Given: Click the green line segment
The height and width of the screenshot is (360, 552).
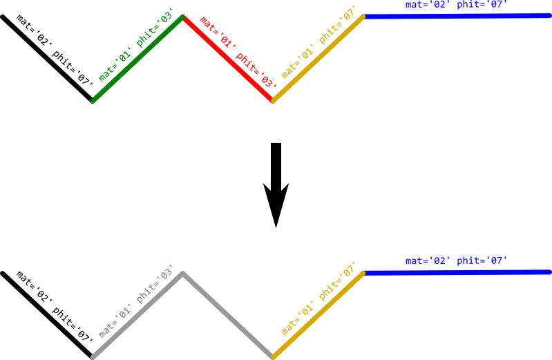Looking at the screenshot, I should coord(138,59).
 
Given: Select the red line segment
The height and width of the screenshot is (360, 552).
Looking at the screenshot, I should coord(228,59).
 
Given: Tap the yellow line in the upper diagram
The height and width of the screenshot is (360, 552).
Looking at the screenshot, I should coord(318,59).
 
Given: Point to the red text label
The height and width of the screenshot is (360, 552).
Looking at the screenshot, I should coord(238,52).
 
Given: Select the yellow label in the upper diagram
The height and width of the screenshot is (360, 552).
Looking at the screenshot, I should coord(318,42).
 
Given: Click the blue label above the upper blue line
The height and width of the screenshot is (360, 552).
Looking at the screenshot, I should coord(456,5).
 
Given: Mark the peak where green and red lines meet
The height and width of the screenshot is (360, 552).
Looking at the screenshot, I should coord(183,17).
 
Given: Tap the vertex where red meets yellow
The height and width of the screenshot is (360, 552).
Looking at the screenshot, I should coord(273,101).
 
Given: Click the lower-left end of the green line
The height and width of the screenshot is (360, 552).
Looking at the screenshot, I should coord(93,101).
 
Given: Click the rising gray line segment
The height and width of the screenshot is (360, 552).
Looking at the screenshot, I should coord(138,315).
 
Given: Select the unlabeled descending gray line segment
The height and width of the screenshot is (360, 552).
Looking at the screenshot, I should coord(228,315).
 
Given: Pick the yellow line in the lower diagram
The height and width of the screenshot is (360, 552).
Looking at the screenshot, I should coord(318,315).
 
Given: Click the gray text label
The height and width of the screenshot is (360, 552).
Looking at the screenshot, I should coord(135,302).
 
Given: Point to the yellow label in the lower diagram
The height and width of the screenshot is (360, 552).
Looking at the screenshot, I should coord(318,299).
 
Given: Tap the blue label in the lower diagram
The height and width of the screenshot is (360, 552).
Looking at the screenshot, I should coord(456,261).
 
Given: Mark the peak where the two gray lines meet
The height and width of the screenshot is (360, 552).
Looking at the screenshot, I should coord(183,273).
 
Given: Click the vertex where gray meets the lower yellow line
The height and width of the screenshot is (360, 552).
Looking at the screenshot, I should coord(273,357).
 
